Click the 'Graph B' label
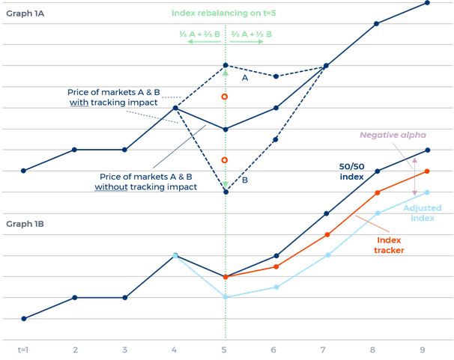[x=21, y=224]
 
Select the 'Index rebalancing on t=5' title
[x=225, y=13]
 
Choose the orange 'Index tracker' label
[x=389, y=245]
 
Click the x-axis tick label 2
[x=74, y=349]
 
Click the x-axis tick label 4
[x=175, y=349]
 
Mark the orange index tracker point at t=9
[x=426, y=171]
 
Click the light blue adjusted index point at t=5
[x=225, y=297]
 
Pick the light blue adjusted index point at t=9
[x=426, y=192]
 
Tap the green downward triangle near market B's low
[x=225, y=185]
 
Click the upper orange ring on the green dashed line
[x=225, y=97]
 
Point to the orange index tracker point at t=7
[x=327, y=235]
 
